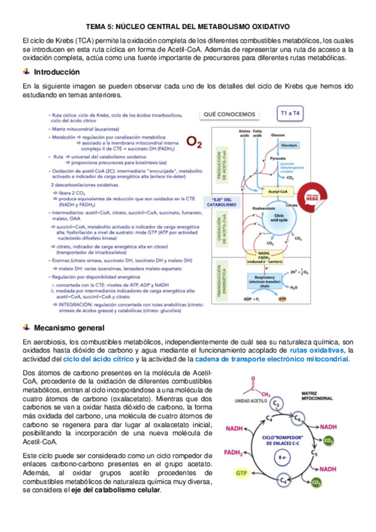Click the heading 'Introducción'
(x=56, y=72)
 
